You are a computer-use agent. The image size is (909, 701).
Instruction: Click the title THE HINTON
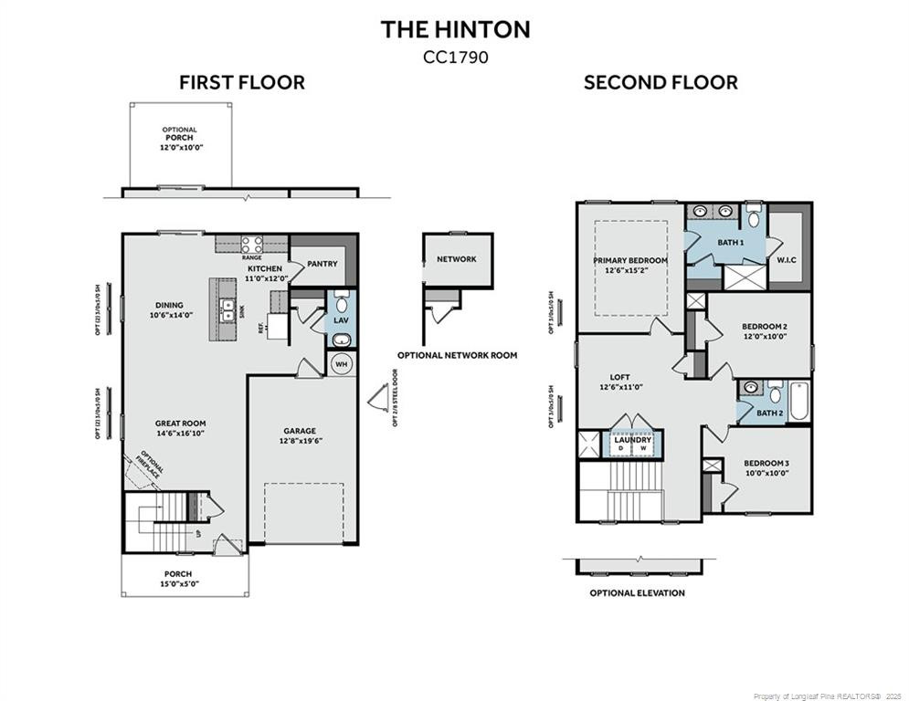455,29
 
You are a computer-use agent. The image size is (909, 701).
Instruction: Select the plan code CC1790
455,57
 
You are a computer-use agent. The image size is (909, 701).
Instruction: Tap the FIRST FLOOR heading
241,83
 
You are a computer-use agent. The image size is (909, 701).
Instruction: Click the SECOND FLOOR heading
661,83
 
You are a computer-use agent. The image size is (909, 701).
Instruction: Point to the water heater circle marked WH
342,364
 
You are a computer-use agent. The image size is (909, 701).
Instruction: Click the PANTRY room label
322,264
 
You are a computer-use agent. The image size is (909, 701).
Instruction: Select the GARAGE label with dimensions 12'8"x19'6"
300,435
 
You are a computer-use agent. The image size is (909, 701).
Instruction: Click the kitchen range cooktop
252,244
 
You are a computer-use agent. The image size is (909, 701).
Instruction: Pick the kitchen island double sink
227,311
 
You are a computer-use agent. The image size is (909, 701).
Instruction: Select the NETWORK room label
456,259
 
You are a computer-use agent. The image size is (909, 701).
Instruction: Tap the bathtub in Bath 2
798,401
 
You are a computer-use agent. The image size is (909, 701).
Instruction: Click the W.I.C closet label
787,258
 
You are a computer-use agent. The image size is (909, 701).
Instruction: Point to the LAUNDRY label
632,441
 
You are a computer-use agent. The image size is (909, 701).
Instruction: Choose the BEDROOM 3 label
766,467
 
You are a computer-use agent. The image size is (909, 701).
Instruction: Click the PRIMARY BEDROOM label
629,265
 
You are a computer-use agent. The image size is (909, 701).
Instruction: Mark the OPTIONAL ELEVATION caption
637,592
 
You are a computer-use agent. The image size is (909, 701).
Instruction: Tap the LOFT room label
620,382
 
